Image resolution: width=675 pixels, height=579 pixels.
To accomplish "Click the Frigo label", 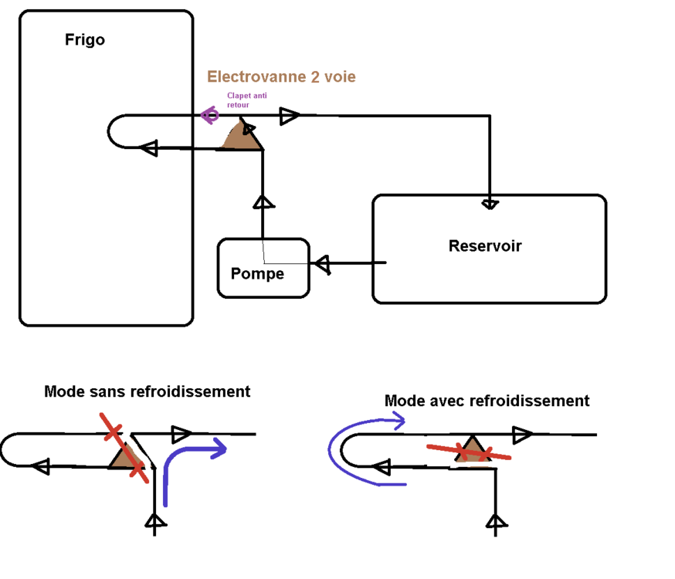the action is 85,40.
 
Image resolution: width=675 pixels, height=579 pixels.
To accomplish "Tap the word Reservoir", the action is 485,245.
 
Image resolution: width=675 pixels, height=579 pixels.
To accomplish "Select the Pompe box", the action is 263,268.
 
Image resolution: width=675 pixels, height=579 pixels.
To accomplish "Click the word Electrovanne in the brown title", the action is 256,76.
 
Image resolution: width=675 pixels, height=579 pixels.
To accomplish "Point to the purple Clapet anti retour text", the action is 246,100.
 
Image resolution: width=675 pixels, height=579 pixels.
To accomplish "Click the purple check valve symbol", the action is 210,115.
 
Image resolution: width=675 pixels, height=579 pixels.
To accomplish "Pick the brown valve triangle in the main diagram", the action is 241,135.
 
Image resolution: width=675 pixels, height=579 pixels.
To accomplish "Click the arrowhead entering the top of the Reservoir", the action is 490,205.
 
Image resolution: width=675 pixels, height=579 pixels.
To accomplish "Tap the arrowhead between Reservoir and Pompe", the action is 323,264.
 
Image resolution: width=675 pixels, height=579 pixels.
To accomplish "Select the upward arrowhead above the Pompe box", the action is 263,202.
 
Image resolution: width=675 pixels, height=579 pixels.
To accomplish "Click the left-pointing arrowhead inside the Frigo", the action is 149,148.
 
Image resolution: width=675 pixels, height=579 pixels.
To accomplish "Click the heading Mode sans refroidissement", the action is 148,391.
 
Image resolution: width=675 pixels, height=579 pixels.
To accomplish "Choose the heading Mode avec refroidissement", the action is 487,401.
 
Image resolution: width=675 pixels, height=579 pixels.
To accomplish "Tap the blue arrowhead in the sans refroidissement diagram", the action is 219,449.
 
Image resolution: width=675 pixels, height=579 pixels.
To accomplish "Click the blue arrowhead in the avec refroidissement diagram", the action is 399,421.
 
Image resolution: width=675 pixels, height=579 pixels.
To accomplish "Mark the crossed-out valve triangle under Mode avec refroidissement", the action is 473,449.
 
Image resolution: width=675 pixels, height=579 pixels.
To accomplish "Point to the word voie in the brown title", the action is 340,76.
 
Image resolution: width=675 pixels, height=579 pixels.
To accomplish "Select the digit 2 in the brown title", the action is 315,76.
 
